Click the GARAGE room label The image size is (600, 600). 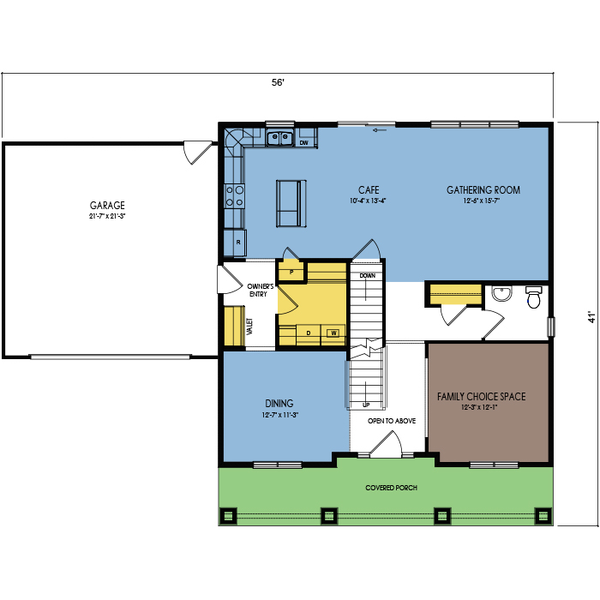point(107,205)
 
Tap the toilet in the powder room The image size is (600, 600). point(533,297)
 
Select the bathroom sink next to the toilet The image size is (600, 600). point(502,293)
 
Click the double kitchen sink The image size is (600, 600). point(279,138)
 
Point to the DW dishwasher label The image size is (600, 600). point(303,143)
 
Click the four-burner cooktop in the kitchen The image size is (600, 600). point(234,196)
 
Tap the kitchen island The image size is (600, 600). point(291,204)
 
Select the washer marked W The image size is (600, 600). point(333,333)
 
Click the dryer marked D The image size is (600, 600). point(309,333)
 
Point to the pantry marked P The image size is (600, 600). point(291,272)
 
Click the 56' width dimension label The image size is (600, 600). point(279,82)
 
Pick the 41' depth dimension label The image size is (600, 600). point(591,317)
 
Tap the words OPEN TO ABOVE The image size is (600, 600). point(392,421)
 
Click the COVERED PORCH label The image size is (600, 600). point(391,488)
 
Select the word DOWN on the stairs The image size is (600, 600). point(368,275)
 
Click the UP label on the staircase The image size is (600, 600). point(366,405)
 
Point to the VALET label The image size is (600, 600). point(249,327)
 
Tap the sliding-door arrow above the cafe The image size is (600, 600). point(380,130)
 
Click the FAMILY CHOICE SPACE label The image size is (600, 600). point(482,396)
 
